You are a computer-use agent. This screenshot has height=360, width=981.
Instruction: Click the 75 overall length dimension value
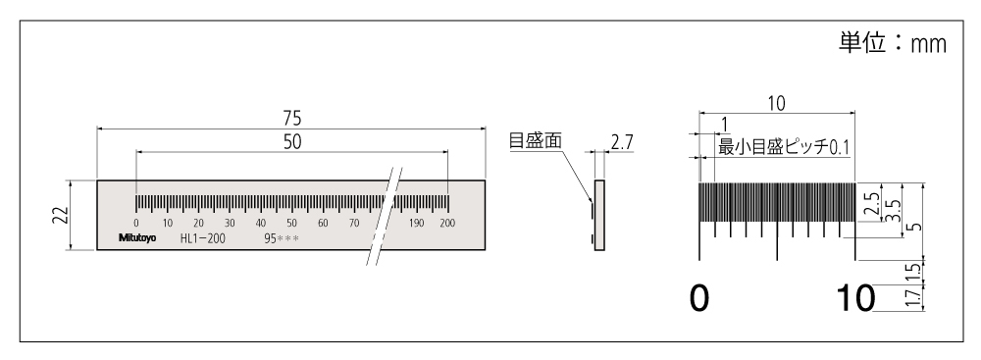coord(291,117)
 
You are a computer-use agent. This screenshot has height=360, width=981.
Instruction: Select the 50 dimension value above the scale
coord(291,141)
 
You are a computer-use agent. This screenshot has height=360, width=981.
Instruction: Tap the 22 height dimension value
coord(59,215)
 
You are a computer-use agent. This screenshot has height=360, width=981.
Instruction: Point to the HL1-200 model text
coord(202,238)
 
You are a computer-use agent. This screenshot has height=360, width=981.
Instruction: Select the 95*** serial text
coord(282,238)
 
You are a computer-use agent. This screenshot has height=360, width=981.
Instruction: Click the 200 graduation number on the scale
coord(448,224)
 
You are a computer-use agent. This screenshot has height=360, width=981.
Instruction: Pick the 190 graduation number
coord(417,224)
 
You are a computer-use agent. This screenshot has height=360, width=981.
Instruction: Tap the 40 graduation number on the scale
coord(260,224)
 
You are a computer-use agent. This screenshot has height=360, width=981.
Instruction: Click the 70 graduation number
coord(353,224)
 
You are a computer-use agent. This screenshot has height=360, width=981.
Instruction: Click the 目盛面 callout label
coord(535,141)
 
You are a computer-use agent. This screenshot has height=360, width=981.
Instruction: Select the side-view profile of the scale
coord(597,215)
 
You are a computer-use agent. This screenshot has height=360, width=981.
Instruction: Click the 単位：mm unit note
coord(892,46)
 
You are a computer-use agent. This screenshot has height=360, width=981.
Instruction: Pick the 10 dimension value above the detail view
coord(777,103)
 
